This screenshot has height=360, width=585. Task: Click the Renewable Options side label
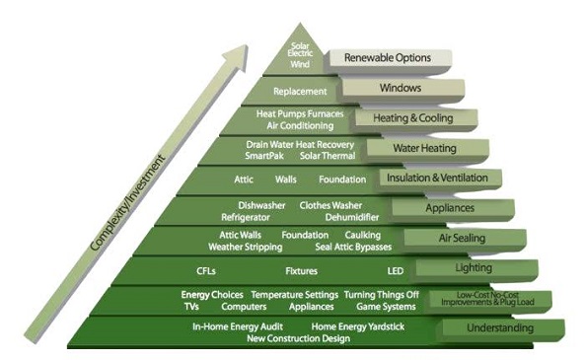(388, 58)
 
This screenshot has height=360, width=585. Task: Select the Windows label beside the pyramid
(401, 88)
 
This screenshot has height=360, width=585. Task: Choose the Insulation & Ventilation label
(439, 179)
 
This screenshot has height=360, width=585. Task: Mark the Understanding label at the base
(500, 327)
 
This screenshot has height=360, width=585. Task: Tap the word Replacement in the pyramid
(287, 91)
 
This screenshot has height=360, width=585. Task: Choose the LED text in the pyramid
(395, 269)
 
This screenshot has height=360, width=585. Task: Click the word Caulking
(363, 235)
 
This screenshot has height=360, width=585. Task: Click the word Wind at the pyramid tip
(299, 64)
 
